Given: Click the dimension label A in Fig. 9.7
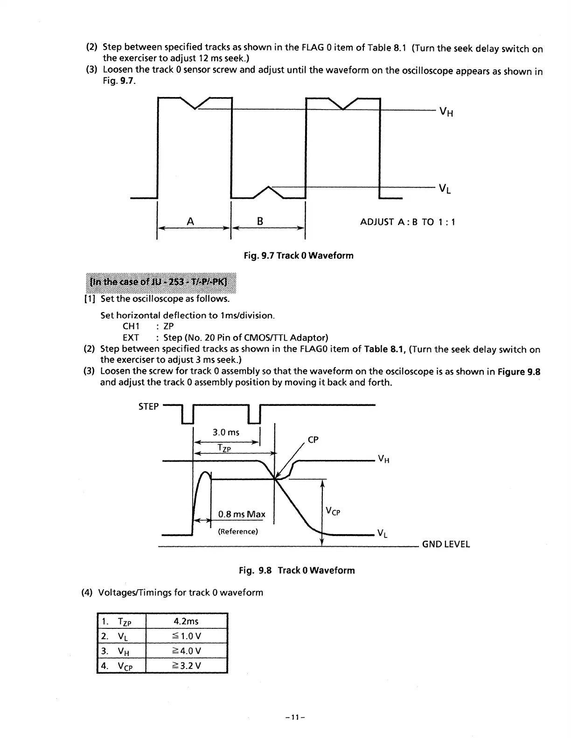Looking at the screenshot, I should (190, 222).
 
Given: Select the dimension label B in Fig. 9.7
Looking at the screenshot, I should (260, 222).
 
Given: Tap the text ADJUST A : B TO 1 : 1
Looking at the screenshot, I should (407, 222).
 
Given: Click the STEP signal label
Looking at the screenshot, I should (148, 406).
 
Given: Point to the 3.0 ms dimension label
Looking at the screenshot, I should (226, 432).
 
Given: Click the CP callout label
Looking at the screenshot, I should (313, 440).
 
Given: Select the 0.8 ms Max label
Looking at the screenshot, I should (242, 515).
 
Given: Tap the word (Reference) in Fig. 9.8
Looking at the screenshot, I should (238, 531).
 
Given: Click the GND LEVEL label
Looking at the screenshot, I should (446, 544).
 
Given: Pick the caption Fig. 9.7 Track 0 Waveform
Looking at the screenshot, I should (299, 256).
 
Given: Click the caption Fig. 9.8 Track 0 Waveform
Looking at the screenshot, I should (297, 571).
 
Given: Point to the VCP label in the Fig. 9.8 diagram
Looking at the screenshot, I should (333, 512).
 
